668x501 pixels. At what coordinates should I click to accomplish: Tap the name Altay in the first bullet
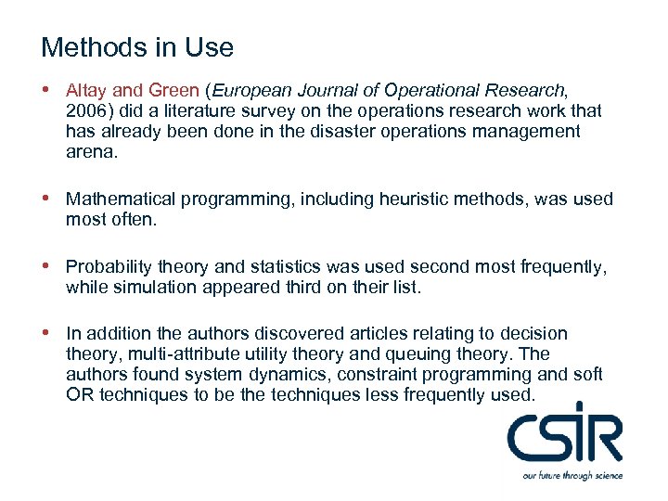pyautogui.click(x=87, y=90)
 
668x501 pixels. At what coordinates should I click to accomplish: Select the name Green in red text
pyautogui.click(x=173, y=90)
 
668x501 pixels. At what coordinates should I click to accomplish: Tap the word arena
pyautogui.click(x=91, y=152)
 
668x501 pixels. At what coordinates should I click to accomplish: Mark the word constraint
pyautogui.click(x=376, y=374)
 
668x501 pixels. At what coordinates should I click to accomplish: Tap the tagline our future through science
pyautogui.click(x=571, y=476)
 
